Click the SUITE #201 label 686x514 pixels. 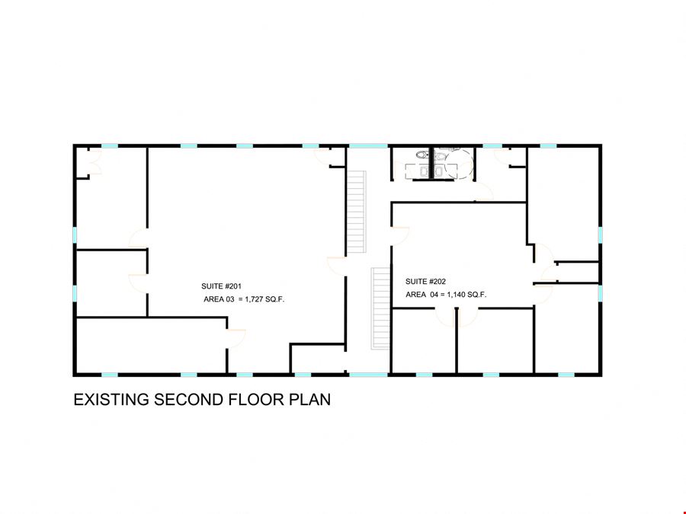(221, 286)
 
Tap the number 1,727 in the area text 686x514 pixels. (254, 299)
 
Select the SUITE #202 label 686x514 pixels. (425, 282)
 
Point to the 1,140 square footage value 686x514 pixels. (457, 295)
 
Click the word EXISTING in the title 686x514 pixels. (111, 400)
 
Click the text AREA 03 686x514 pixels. (220, 299)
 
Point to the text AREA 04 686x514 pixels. (422, 295)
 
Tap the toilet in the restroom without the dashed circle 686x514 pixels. (422, 155)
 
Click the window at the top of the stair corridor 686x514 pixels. (368, 145)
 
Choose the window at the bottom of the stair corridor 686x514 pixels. (368, 375)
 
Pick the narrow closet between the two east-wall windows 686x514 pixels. (578, 273)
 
